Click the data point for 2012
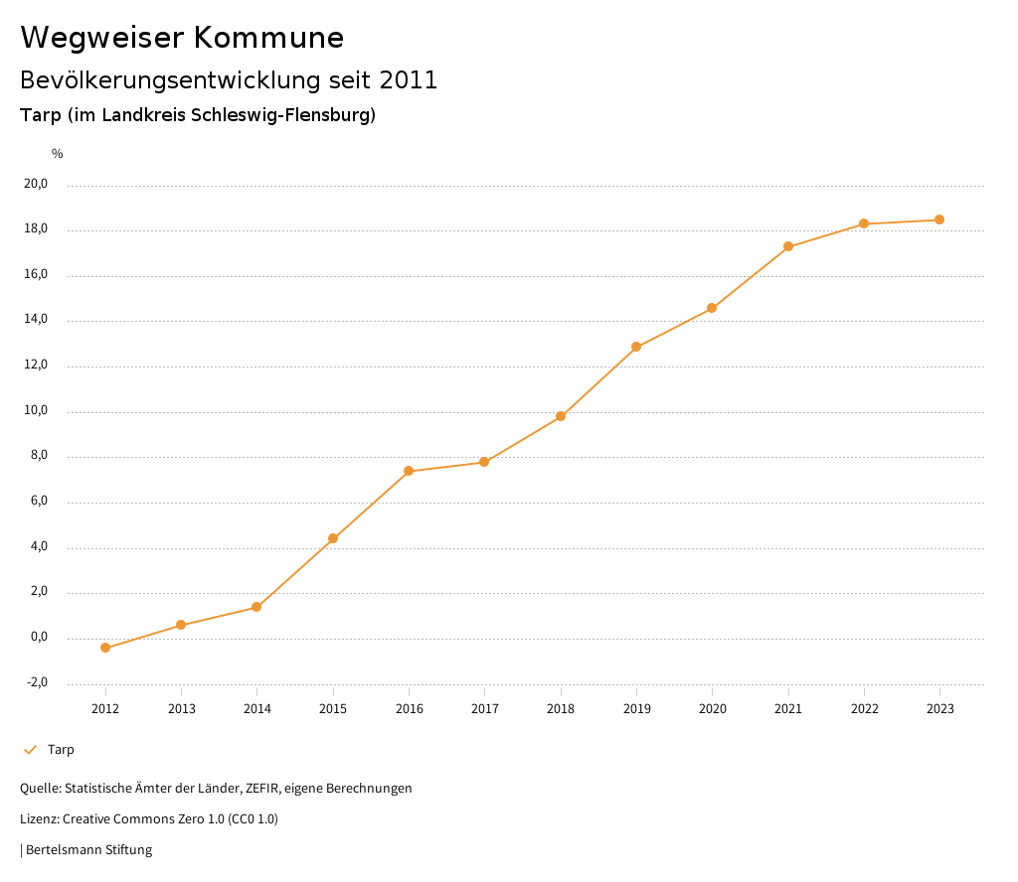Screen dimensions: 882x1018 (x=105, y=648)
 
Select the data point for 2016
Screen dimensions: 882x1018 (x=409, y=471)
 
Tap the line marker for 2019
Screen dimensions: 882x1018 (x=636, y=347)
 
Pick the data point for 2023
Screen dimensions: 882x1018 (x=939, y=220)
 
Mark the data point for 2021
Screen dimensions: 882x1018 (x=788, y=246)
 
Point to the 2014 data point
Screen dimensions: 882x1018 (x=256, y=607)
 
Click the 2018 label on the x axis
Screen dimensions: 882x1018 (x=561, y=708)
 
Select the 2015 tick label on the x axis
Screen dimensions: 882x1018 (x=333, y=708)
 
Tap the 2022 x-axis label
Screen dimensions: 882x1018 (x=864, y=708)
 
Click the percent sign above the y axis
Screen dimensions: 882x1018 (x=58, y=154)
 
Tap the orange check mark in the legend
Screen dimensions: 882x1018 (x=30, y=750)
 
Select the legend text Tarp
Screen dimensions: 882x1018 (x=61, y=750)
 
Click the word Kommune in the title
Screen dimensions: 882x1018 (x=268, y=38)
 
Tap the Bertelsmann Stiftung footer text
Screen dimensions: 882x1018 (x=88, y=850)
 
